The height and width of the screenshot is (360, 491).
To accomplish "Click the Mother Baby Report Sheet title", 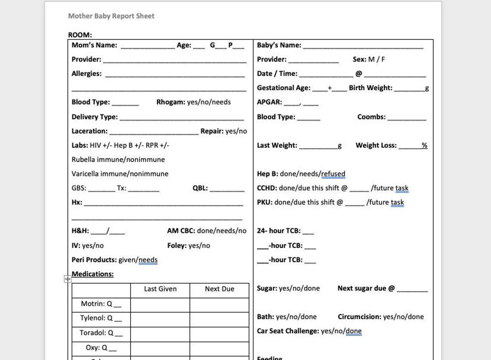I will coord(111,16).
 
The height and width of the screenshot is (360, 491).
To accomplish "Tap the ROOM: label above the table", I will coord(80,35).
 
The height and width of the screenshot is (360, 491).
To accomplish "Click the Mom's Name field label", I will coord(94,45).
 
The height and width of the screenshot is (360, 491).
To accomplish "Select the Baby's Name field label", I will coord(279,45).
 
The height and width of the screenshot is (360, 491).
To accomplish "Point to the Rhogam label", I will coord(171,102).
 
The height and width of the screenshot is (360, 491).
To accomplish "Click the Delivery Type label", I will coord(94,117).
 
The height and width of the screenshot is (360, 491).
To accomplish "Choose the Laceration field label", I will coord(90,131).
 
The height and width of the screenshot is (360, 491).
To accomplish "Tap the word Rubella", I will coord(83,160).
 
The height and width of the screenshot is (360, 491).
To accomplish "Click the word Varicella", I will coord(85,174).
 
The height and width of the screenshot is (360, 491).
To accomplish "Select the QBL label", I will coord(200,188).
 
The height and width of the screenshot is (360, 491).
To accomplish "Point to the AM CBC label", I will coord(181,231).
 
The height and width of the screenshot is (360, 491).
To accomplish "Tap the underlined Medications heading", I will coord(93,274).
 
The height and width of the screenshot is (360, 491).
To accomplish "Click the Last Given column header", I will coord(160,289).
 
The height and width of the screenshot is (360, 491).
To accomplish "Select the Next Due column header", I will coord(219,289).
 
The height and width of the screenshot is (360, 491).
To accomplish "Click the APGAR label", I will coord(270,102).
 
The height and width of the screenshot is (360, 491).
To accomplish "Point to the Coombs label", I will coord(371,117).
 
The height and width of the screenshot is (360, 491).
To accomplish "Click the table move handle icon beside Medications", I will coord(68,279).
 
